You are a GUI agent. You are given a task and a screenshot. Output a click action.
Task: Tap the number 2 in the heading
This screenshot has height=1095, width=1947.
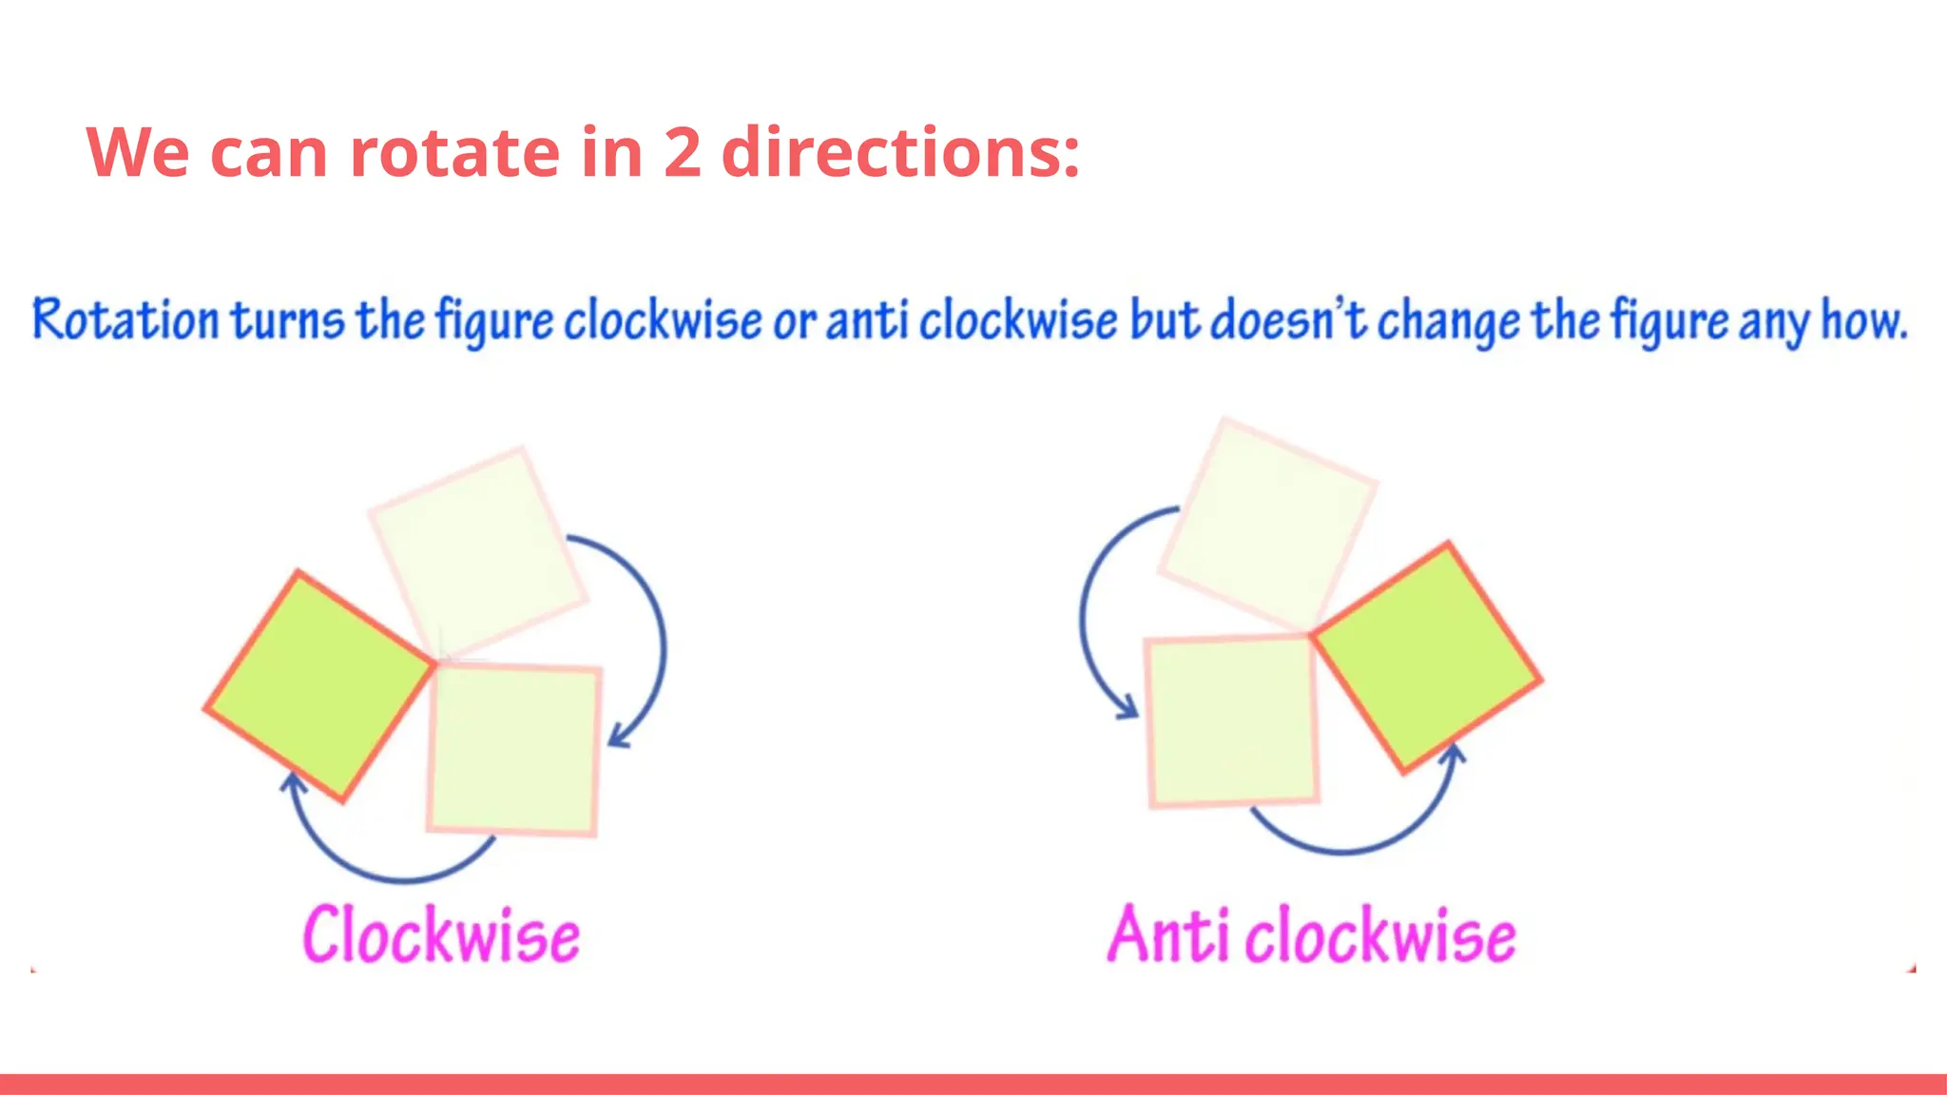click(683, 152)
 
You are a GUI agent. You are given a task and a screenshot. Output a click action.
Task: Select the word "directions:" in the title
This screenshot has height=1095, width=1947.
click(900, 152)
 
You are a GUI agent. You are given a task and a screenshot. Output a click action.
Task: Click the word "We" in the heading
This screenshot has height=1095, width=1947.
click(138, 152)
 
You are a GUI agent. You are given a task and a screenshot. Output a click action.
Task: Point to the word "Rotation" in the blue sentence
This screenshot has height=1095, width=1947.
click(125, 319)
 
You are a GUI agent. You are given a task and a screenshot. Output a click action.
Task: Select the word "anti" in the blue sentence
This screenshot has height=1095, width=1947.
click(867, 319)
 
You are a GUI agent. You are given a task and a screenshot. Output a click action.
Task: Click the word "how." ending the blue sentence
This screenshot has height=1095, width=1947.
click(1863, 319)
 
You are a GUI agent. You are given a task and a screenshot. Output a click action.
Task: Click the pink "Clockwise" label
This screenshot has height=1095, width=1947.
click(441, 935)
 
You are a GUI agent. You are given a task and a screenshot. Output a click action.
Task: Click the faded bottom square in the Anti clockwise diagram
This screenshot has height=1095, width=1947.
click(1232, 721)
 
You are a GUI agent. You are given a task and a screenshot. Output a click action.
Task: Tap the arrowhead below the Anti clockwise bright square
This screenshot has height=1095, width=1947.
click(1454, 753)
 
